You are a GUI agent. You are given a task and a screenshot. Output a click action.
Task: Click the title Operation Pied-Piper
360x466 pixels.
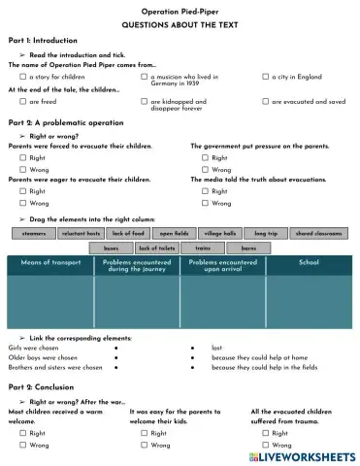[180, 8]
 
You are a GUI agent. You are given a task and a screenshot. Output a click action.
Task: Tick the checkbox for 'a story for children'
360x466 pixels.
[23, 75]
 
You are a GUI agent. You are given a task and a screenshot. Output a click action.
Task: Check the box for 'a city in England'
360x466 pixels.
[266, 75]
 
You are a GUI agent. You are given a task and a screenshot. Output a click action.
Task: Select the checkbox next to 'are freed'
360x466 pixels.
[23, 101]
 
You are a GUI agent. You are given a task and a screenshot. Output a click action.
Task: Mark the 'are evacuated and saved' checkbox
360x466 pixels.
[266, 101]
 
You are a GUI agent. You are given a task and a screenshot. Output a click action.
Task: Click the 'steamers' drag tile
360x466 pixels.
[33, 234]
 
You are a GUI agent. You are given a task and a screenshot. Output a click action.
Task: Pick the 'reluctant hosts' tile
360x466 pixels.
[81, 234]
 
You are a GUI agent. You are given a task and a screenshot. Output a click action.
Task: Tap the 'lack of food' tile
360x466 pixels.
[128, 234]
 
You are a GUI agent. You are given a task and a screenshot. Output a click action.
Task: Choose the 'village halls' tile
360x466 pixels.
[220, 234]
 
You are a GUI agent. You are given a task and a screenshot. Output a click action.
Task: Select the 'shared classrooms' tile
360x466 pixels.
[317, 234]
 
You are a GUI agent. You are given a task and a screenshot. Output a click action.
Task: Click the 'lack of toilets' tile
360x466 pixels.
[155, 249]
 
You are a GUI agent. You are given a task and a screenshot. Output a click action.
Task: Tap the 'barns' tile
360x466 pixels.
[248, 249]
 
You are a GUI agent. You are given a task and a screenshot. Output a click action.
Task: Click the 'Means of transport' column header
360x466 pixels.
[50, 263]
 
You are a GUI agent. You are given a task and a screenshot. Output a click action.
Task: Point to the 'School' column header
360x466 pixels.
[309, 263]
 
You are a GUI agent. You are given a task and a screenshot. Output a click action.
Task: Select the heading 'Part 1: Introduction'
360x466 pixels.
[42, 41]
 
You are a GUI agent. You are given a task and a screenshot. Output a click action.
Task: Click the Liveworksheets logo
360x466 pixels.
[302, 455]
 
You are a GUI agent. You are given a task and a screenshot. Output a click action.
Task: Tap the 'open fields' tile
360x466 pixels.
[175, 234]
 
